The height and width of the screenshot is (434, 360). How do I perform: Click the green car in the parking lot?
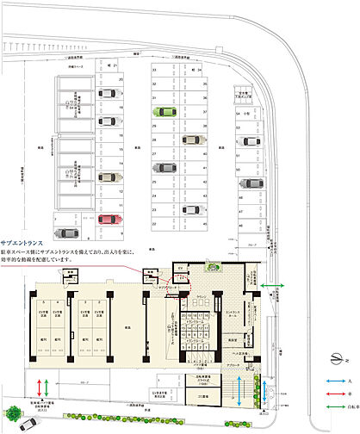point(161,111)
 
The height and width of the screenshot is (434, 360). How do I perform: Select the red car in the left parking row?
point(107,219)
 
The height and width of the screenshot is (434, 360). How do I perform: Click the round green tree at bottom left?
point(15,412)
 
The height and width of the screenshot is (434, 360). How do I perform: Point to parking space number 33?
point(154,71)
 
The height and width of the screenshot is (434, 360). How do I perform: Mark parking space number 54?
point(239,112)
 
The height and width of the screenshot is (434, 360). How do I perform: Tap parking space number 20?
point(122,79)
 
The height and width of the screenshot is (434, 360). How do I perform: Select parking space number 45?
point(206,223)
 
